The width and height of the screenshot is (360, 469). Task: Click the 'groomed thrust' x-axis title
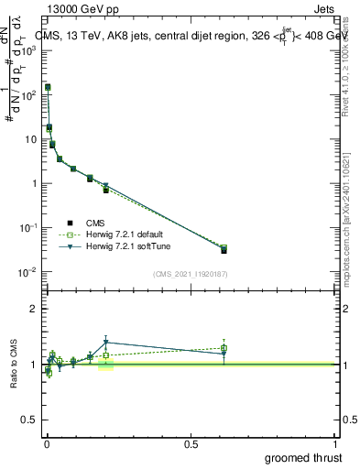[304, 457]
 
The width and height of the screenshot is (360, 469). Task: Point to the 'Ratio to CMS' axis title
[16, 365]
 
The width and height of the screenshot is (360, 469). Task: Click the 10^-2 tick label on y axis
[28, 272]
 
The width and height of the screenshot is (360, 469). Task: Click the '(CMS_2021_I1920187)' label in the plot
[190, 274]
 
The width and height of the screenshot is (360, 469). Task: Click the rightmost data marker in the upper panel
[224, 249]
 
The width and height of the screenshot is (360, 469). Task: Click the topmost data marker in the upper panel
[48, 88]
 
